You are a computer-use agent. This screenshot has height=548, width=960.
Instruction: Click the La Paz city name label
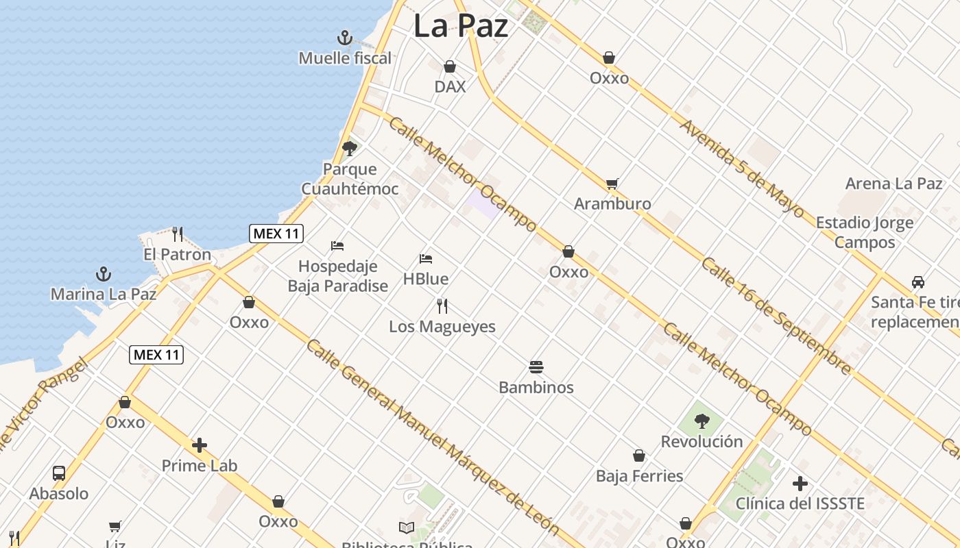pos(461,27)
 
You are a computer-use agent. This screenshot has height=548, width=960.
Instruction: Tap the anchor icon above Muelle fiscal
pos(345,38)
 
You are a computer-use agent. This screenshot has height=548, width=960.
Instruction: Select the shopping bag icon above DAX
pos(450,66)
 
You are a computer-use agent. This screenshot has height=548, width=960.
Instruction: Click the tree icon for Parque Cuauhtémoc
pos(350,148)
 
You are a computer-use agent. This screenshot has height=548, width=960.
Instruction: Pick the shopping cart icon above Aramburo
pos(612,184)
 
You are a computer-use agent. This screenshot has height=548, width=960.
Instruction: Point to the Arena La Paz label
pos(893,184)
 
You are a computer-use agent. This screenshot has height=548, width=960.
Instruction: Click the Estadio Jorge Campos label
pos(864,232)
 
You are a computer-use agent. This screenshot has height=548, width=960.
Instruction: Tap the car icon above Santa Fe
pos(917,282)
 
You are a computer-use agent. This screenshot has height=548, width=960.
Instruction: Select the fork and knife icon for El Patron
pos(178,234)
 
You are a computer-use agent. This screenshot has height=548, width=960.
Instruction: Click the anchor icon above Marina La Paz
pos(104,275)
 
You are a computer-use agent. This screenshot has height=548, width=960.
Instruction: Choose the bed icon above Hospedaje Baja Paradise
pos(337,245)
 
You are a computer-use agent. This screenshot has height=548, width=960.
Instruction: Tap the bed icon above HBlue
pos(426,259)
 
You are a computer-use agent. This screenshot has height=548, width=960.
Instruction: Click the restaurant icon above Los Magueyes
pos(442,306)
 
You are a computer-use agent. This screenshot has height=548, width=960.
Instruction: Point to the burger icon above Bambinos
pos(536,366)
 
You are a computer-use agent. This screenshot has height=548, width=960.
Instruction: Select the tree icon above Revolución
pos(701,421)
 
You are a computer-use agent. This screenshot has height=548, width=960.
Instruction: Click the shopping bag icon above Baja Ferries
pos(639,456)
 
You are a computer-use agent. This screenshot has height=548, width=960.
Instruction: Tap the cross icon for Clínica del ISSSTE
pos(800,484)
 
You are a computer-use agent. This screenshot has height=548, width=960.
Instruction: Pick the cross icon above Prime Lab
pos(200,445)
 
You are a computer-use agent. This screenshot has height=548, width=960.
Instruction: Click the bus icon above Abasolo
pos(59,473)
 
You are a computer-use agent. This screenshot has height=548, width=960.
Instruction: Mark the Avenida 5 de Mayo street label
pos(741,169)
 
